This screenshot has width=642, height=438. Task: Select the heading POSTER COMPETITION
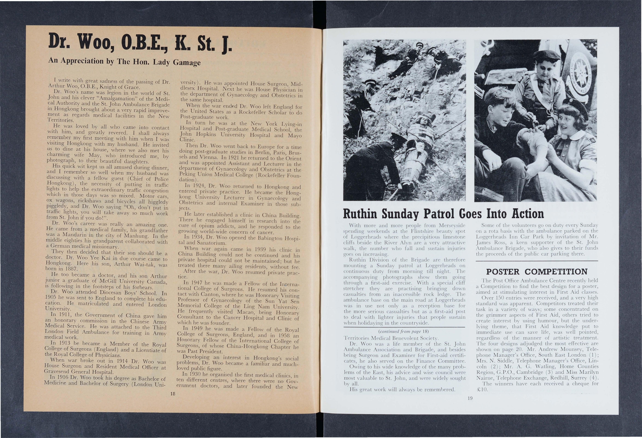(x=536, y=272)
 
